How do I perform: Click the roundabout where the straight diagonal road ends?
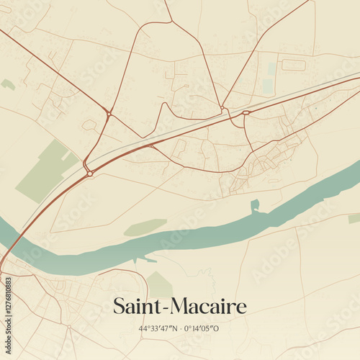(x=108, y=113)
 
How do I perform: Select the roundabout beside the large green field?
(x=89, y=173)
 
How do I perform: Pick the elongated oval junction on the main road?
(x=246, y=113)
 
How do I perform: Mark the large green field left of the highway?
(x=47, y=171)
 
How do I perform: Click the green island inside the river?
(x=145, y=228)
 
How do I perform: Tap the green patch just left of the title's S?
(x=159, y=284)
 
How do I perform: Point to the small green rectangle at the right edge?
(x=354, y=218)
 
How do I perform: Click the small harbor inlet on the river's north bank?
(x=255, y=207)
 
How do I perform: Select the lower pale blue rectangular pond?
(x=269, y=86)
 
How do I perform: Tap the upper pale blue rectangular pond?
(x=271, y=68)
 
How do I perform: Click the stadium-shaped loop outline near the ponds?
(x=293, y=65)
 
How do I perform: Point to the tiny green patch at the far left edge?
(x=8, y=84)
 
